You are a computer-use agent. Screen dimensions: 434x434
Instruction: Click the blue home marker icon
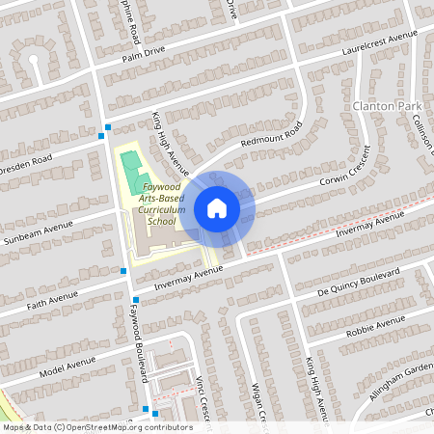[217, 207]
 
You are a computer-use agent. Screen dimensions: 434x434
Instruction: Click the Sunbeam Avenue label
[38, 232]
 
